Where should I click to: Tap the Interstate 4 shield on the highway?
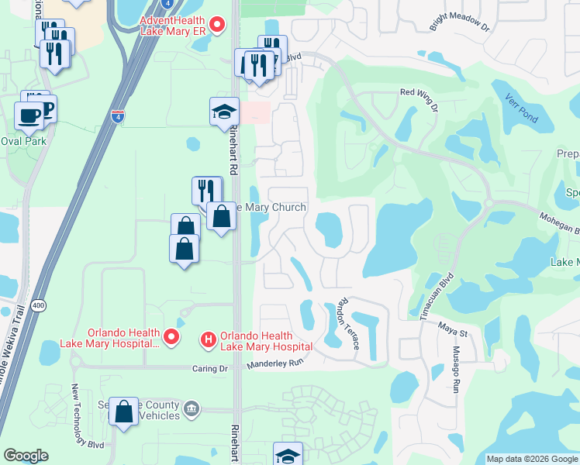(x=117, y=116)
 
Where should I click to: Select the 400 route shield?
(x=39, y=306)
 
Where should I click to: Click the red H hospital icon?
(x=208, y=339)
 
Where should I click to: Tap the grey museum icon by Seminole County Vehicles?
(x=193, y=408)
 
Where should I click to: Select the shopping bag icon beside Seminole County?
(x=124, y=412)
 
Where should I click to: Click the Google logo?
(x=26, y=456)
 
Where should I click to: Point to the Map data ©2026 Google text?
(x=531, y=459)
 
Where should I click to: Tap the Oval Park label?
(x=23, y=141)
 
